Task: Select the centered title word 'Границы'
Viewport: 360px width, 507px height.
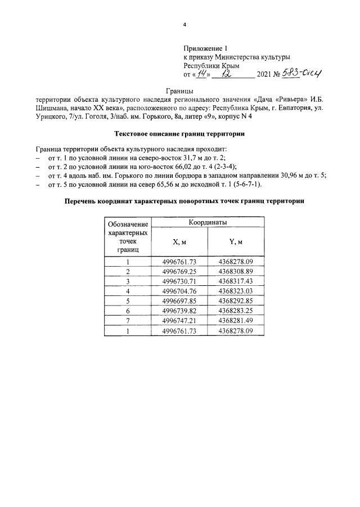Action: point(180,91)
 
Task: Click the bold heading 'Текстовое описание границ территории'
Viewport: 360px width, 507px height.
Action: point(180,134)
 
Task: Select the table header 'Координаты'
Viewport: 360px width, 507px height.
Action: point(208,222)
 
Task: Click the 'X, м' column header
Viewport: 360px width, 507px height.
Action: point(179,242)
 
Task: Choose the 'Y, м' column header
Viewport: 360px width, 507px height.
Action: point(236,242)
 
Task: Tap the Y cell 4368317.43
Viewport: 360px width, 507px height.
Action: point(236,280)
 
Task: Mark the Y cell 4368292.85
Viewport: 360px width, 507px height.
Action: point(236,300)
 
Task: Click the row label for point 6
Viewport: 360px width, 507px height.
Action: point(128,309)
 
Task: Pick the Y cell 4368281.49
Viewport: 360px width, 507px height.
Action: point(236,320)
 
